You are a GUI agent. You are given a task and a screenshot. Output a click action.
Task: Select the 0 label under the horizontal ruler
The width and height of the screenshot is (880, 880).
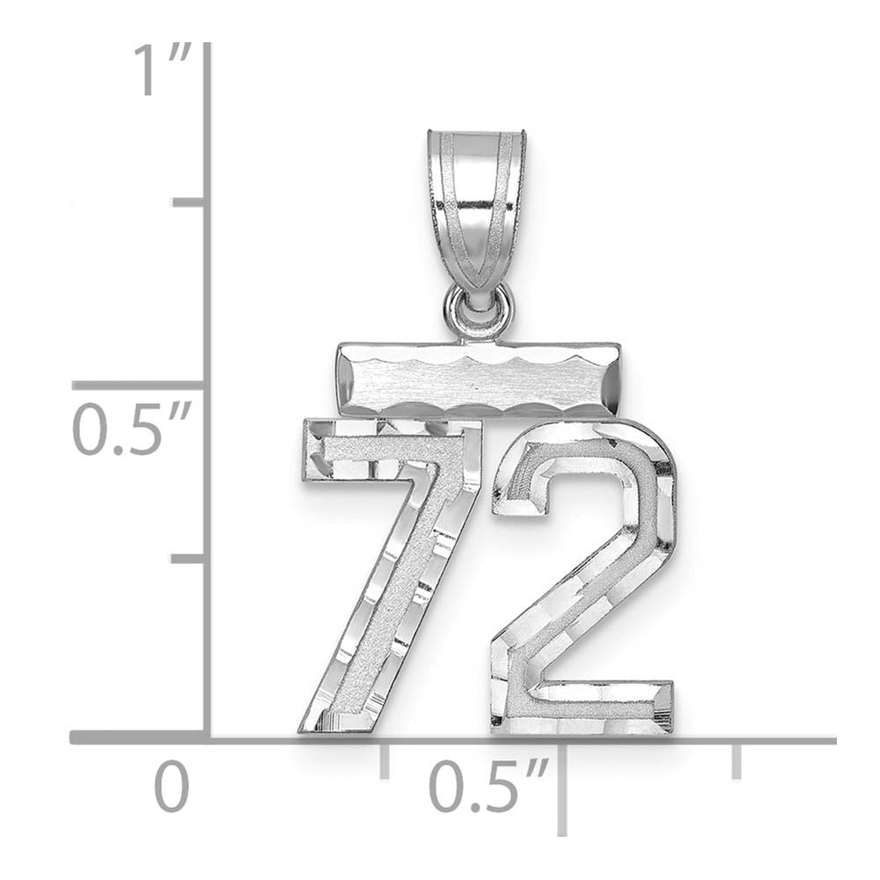click(x=172, y=786)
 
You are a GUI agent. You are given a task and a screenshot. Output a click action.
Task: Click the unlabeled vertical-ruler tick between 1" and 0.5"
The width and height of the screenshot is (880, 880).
click(x=190, y=202)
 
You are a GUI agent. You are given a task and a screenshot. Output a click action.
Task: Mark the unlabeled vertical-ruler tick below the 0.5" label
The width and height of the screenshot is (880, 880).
click(x=190, y=558)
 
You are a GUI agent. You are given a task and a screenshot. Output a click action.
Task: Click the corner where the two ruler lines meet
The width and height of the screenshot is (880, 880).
click(x=208, y=737)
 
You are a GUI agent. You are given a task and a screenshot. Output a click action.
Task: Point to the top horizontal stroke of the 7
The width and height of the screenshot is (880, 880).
click(x=387, y=449)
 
